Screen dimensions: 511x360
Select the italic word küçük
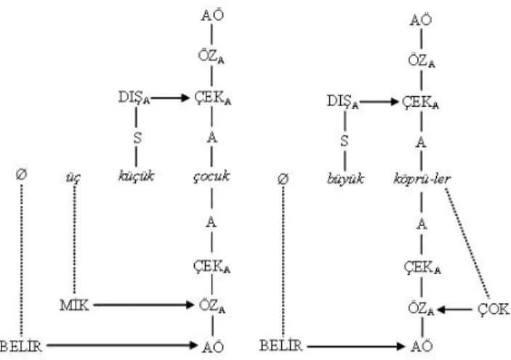[136, 177]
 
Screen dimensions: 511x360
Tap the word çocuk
[212, 177]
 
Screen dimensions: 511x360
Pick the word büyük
[345, 179]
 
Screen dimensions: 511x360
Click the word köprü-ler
[422, 179]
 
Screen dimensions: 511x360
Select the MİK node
[75, 305]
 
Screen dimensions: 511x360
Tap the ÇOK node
[494, 309]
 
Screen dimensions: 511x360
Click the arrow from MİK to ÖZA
[143, 305]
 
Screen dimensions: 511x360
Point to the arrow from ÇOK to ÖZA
[454, 310]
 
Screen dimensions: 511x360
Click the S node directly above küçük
[137, 137]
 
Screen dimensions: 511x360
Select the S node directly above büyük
[345, 141]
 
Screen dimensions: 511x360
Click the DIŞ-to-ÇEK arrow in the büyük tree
[379, 102]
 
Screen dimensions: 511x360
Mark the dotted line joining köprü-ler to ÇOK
[467, 243]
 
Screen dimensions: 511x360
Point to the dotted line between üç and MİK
[74, 239]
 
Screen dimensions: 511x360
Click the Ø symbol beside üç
[22, 175]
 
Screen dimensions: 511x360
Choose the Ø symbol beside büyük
[283, 179]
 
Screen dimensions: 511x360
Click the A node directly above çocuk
[212, 137]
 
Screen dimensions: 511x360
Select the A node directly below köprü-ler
[422, 224]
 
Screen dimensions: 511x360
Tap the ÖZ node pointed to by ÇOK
[422, 308]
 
